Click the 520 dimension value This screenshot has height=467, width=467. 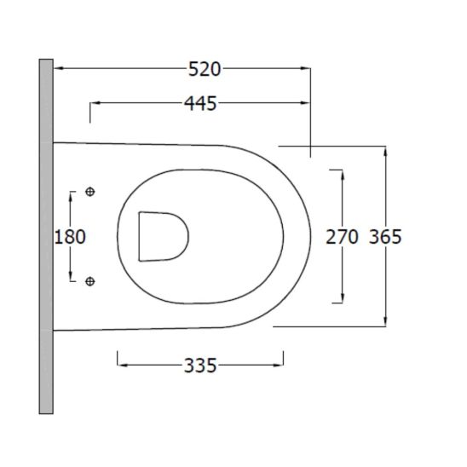pyautogui.click(x=205, y=69)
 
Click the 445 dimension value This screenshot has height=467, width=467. pyautogui.click(x=200, y=104)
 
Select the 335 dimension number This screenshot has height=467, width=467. pyautogui.click(x=200, y=366)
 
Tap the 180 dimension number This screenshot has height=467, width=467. pyautogui.click(x=70, y=236)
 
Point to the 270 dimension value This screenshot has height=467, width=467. pyautogui.click(x=343, y=237)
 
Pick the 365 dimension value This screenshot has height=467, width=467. pyautogui.click(x=385, y=237)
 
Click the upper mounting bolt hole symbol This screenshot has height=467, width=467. pyautogui.click(x=91, y=192)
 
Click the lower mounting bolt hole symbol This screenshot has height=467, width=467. pyautogui.click(x=91, y=280)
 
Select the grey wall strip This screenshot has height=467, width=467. pyautogui.click(x=46, y=236)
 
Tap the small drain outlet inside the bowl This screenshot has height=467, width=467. pyautogui.click(x=162, y=235)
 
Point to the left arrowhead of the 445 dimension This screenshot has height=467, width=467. pyautogui.click(x=95, y=104)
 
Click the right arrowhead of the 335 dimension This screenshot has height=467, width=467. pyautogui.click(x=280, y=366)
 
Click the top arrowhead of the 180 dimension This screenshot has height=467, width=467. pyautogui.click(x=72, y=196)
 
